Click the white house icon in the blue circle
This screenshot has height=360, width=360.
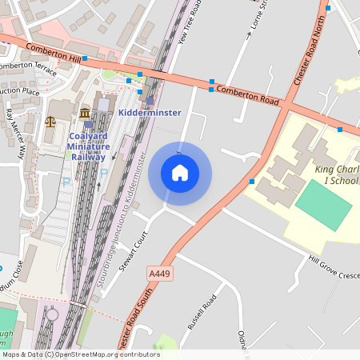coord(180,173)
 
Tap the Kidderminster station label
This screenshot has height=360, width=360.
coord(150,113)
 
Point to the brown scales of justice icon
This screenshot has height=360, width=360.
coord(52,122)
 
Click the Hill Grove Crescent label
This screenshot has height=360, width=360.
coord(332,267)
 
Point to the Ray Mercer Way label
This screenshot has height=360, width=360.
coord(16,132)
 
